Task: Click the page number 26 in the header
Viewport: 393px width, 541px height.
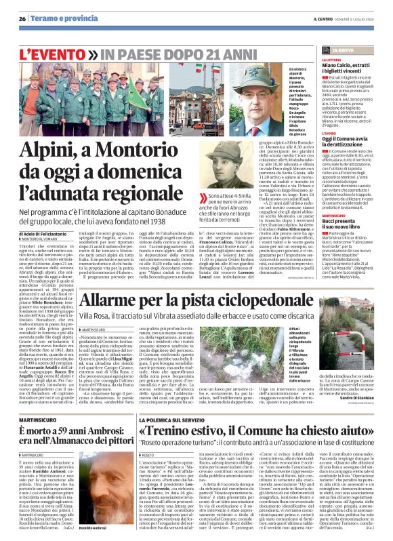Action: point(22,19)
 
